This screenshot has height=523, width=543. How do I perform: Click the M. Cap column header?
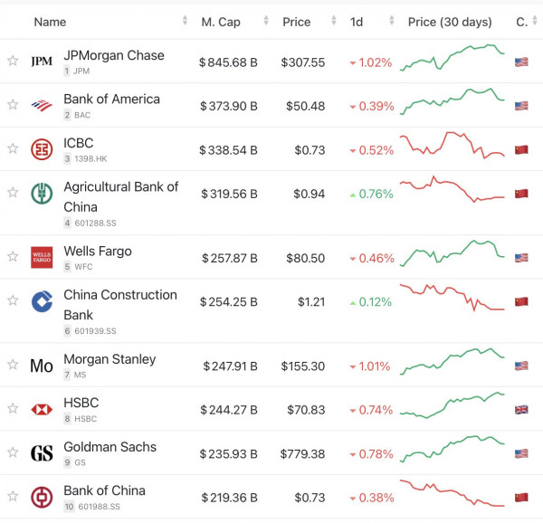(221, 21)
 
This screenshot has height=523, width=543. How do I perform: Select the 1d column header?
(357, 21)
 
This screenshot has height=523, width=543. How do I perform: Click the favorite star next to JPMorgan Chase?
(13, 61)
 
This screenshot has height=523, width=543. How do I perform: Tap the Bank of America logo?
(42, 105)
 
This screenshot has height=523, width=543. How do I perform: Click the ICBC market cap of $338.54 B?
(229, 149)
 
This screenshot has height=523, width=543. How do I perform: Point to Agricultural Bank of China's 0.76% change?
(371, 193)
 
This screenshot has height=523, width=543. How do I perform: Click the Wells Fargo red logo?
(42, 257)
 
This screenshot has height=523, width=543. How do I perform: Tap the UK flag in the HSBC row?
(520, 410)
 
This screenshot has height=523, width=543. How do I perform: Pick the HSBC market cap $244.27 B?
(229, 410)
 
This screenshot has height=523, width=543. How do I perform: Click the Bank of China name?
(104, 490)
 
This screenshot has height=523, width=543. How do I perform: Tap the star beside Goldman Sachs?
(13, 453)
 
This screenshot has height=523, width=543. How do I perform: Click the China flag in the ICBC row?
(520, 149)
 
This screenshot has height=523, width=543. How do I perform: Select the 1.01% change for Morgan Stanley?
(371, 366)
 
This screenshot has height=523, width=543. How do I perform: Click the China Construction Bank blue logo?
(42, 302)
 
